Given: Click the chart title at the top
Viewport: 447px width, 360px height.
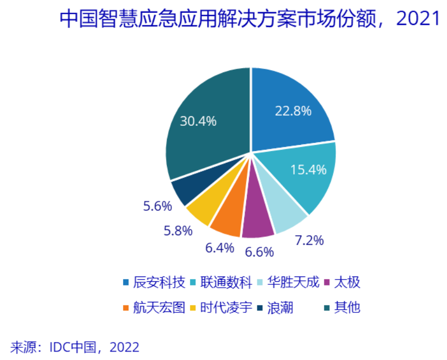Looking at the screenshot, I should (249, 19).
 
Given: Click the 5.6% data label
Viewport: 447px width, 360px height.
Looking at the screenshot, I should (157, 206).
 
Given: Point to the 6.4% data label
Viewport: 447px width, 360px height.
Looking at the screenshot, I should (218, 247).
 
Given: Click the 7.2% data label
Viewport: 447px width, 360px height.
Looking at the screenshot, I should (309, 241).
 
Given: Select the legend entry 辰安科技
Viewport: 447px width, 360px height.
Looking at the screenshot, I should (159, 282).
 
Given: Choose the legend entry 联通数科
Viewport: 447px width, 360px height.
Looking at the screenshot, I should (225, 282).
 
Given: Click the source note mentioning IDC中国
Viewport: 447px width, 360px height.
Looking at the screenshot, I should (74, 347).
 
